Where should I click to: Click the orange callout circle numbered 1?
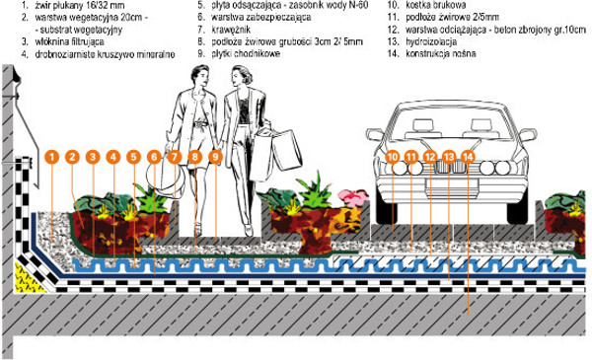52,157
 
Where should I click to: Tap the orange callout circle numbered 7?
175,157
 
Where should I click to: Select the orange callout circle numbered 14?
468,157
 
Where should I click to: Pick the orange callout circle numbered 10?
393,157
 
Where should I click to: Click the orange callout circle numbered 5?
133,157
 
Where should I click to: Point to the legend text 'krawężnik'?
231,29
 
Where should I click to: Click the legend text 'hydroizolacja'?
431,41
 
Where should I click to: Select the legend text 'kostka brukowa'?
436,5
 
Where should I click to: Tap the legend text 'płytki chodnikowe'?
246,53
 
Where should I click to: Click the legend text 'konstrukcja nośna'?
441,53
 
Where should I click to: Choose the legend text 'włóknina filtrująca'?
69,41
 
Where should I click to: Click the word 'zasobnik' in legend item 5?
304,5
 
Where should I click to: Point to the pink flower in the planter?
352,197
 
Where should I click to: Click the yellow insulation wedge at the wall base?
28,278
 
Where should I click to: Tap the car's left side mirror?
374,134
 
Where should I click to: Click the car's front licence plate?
452,184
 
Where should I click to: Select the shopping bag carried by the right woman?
286,150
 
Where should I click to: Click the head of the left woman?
200,77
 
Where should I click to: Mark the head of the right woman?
242,77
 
